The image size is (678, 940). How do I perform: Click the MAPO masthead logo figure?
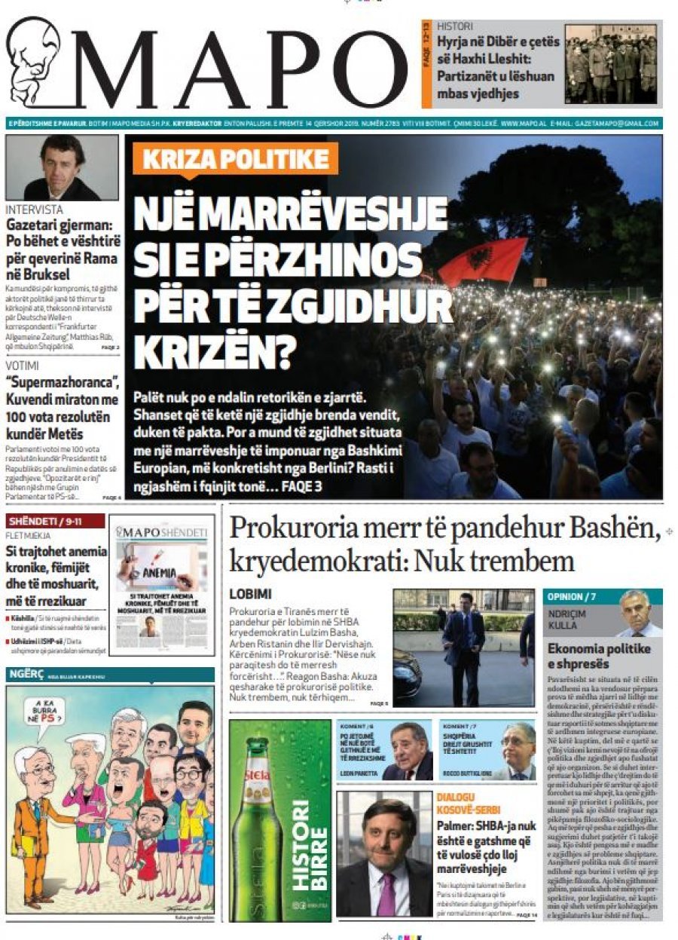click(34, 60)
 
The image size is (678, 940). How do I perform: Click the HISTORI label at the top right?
click(455, 26)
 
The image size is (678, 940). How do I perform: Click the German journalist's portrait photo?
click(62, 167)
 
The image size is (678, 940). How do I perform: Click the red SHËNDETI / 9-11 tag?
click(45, 521)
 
